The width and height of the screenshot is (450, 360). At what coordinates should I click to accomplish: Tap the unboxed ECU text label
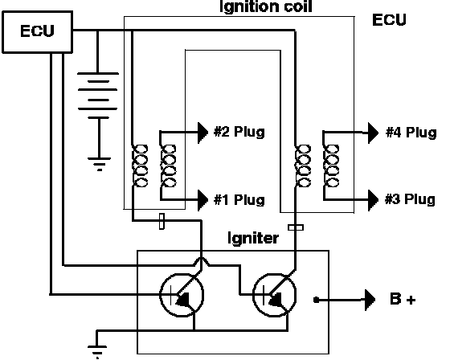point(389,20)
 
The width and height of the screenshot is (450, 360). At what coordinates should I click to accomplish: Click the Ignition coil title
point(265,6)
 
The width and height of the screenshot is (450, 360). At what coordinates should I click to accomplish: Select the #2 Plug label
point(239,132)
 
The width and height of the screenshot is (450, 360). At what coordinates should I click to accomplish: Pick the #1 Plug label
point(239,199)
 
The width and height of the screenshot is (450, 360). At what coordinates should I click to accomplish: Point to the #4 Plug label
point(411,133)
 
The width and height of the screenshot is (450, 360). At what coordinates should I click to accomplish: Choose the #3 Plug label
point(410,199)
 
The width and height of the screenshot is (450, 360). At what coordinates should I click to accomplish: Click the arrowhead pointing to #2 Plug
point(202,133)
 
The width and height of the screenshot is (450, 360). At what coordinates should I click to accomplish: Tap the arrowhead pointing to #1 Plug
point(202,200)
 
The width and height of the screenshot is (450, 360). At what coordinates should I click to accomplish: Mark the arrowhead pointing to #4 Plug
point(374,133)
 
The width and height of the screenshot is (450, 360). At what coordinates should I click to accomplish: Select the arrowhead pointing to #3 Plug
point(374,199)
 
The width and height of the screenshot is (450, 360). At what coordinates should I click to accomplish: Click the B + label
point(403,299)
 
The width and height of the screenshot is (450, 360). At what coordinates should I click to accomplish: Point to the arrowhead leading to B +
point(370,300)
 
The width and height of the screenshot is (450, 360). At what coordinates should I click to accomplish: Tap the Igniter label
point(253,238)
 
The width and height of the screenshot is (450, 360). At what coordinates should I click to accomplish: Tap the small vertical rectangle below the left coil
point(162,221)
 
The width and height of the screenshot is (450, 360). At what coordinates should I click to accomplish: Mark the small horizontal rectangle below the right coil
point(296,227)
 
